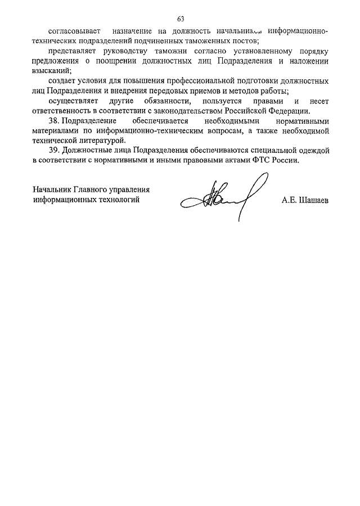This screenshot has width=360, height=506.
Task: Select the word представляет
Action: click(x=74, y=52)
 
